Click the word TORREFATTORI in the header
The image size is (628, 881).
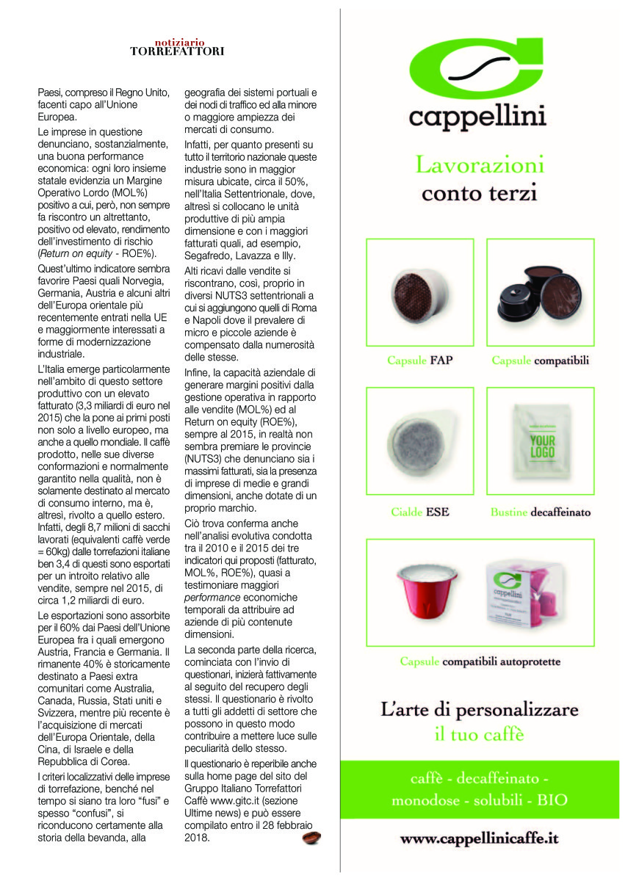[x=177, y=51]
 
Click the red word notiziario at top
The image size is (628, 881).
[x=179, y=42]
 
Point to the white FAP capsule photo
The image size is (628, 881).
[x=419, y=291]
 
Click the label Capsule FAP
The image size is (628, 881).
[x=419, y=360]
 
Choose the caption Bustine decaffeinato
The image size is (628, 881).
[x=540, y=512]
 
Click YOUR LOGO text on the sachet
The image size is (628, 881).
[x=541, y=444]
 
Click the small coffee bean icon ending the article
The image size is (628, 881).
[x=311, y=838]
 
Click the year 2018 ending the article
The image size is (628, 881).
[x=197, y=836]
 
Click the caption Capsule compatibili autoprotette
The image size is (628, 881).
[x=480, y=661]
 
